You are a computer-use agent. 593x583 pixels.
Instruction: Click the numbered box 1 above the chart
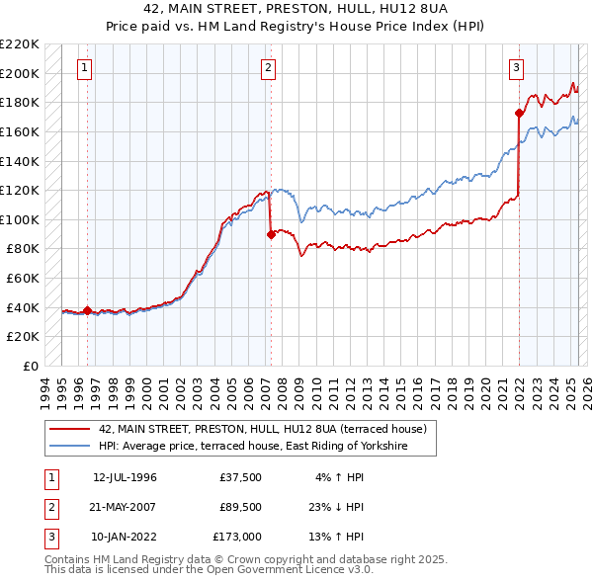tap(85, 68)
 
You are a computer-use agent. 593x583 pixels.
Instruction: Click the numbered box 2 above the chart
tap(269, 68)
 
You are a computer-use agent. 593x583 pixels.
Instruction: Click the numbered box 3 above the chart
tap(517, 68)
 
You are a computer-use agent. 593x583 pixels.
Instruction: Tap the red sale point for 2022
tap(519, 113)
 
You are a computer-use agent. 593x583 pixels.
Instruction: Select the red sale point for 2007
tap(271, 234)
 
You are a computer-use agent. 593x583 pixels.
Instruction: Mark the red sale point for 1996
tap(87, 310)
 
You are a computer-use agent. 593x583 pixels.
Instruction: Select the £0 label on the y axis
tap(31, 366)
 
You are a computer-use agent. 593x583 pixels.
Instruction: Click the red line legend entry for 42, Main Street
tap(262, 429)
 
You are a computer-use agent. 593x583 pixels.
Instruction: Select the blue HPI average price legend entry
tap(267, 447)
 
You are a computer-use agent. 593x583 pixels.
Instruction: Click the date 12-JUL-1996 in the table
tap(125, 477)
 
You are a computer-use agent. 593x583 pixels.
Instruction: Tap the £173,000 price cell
tap(237, 539)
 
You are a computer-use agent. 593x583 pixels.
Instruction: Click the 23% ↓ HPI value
tap(334, 508)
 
